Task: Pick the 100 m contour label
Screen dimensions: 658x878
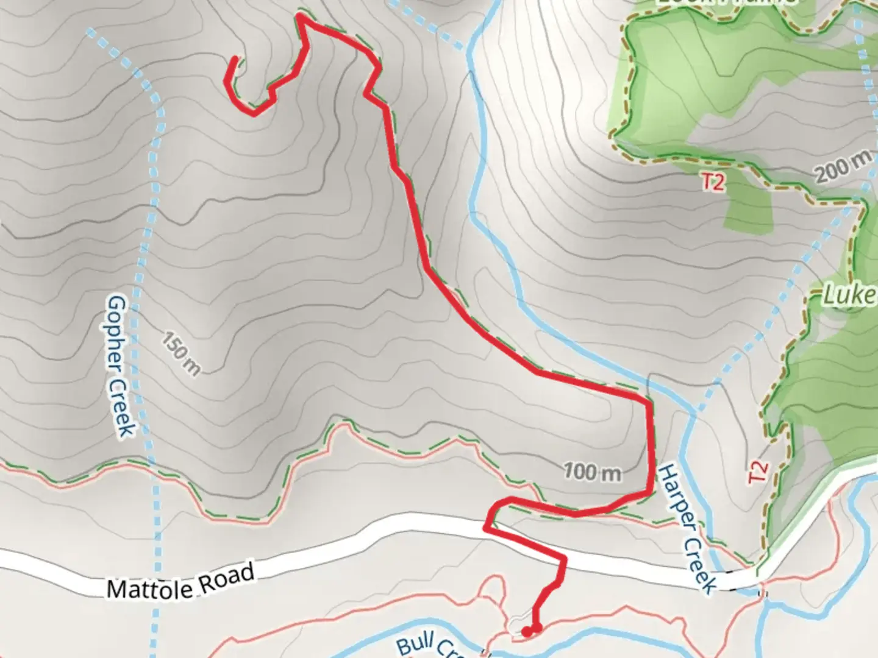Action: [x=592, y=471]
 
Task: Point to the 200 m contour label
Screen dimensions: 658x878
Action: [x=843, y=165]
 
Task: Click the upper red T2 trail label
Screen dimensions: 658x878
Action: [x=713, y=182]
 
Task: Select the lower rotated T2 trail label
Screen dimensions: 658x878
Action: [x=757, y=472]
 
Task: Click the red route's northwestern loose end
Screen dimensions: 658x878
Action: [x=235, y=60]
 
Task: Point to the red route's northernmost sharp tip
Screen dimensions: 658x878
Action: [x=300, y=16]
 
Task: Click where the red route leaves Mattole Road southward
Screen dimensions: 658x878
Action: [x=564, y=558]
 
